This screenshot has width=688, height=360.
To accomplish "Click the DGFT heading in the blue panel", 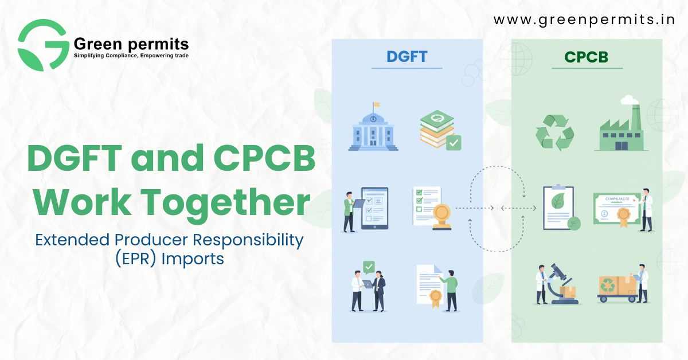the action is (x=406, y=57).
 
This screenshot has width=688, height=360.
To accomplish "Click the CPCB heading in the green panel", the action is (x=586, y=57).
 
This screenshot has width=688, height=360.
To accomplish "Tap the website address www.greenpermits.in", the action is (x=584, y=20).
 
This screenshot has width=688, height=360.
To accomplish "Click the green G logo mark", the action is (x=44, y=45).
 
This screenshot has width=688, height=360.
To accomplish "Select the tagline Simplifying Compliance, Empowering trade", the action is (x=131, y=56).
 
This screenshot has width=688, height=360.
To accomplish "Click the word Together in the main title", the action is (x=225, y=202).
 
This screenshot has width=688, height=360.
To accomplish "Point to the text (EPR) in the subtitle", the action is (x=136, y=259).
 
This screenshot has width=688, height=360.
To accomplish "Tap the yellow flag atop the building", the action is (x=377, y=105).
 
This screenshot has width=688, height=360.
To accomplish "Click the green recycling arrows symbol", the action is (x=555, y=132).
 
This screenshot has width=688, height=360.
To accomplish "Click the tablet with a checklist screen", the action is (x=375, y=208).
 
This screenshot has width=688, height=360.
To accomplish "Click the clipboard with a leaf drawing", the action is (x=558, y=208).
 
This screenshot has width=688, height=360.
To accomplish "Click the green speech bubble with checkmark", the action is (x=369, y=267).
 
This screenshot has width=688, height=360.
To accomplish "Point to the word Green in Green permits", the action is (x=98, y=44).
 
